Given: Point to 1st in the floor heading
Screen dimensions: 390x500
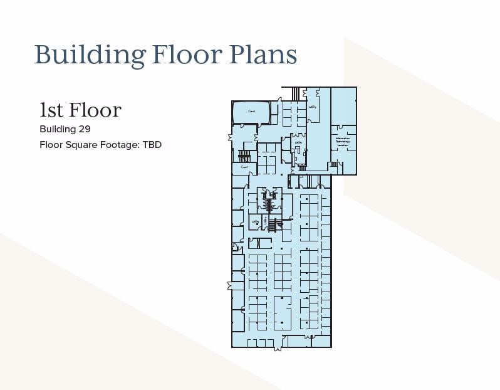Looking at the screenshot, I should point(51,110).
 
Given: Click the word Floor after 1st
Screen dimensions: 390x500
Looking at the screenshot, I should point(95,110).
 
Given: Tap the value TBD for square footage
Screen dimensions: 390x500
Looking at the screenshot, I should point(152,145).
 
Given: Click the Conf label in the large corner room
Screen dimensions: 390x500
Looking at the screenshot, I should point(251,112).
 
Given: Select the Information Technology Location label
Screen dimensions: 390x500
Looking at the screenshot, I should point(342,142).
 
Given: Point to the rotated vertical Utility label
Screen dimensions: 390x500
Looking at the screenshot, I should point(266,220).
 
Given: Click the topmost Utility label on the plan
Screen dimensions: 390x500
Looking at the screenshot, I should point(313,107).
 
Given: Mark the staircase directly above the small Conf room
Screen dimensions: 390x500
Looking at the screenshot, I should point(244,155).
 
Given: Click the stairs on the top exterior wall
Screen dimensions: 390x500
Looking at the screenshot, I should point(296,93).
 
